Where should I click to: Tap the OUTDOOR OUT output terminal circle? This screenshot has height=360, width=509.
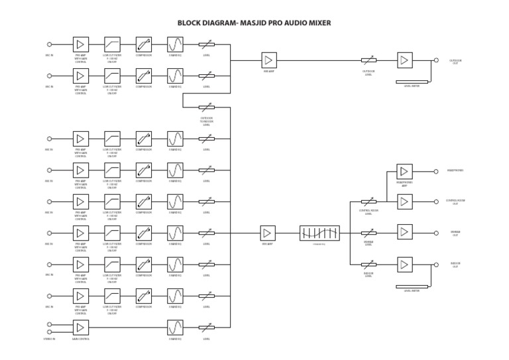click(435, 60)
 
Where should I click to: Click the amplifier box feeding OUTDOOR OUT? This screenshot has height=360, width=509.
click(404, 60)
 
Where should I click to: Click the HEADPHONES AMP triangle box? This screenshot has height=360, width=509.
click(404, 171)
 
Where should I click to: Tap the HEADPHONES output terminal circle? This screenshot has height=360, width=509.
click(435, 171)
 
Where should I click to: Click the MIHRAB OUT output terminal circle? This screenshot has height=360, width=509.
click(435, 233)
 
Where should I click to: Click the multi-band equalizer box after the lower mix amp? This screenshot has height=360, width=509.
click(319, 233)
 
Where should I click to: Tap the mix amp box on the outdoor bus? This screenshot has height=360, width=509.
click(268, 60)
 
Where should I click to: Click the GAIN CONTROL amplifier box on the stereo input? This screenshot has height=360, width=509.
click(80, 327)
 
